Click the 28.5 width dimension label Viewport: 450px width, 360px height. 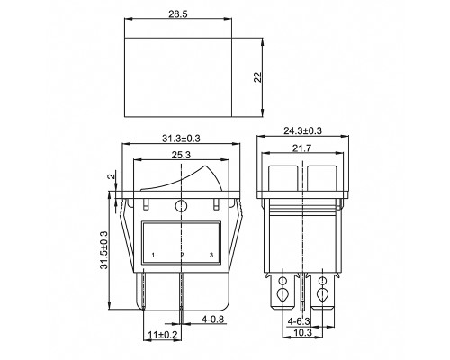point(178,14)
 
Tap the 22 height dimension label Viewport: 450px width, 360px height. point(258,77)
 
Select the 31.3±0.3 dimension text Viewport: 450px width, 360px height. point(181,139)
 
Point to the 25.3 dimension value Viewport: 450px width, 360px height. point(181,155)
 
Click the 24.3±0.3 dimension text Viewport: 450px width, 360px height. point(302,130)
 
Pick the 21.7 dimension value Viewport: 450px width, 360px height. point(302,148)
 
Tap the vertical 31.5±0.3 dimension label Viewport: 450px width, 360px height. point(104,250)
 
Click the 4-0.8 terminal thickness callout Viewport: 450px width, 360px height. point(213,319)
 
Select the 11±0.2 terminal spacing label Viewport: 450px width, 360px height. point(163,335)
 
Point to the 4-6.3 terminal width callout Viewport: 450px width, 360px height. point(299,321)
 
